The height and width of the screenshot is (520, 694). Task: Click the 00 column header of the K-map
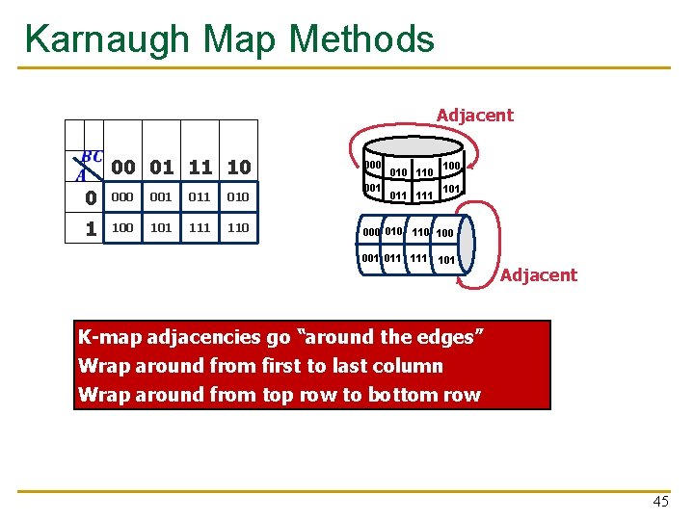122,167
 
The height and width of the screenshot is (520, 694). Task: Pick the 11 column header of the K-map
200,167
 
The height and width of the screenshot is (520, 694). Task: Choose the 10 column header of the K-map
239,167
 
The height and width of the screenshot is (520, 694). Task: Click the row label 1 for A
90,229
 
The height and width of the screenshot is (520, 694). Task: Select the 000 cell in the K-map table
121,197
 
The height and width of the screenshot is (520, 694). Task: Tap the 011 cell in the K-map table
200,197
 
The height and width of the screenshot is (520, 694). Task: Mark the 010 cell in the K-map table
238,197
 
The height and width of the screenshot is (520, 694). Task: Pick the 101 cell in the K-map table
161,228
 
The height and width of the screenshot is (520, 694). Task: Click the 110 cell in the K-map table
238,228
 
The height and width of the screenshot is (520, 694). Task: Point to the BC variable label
93,156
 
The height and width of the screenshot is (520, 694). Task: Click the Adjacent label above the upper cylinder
475,116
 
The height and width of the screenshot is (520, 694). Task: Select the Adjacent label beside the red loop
539,275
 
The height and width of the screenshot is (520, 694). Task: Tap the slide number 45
660,501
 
